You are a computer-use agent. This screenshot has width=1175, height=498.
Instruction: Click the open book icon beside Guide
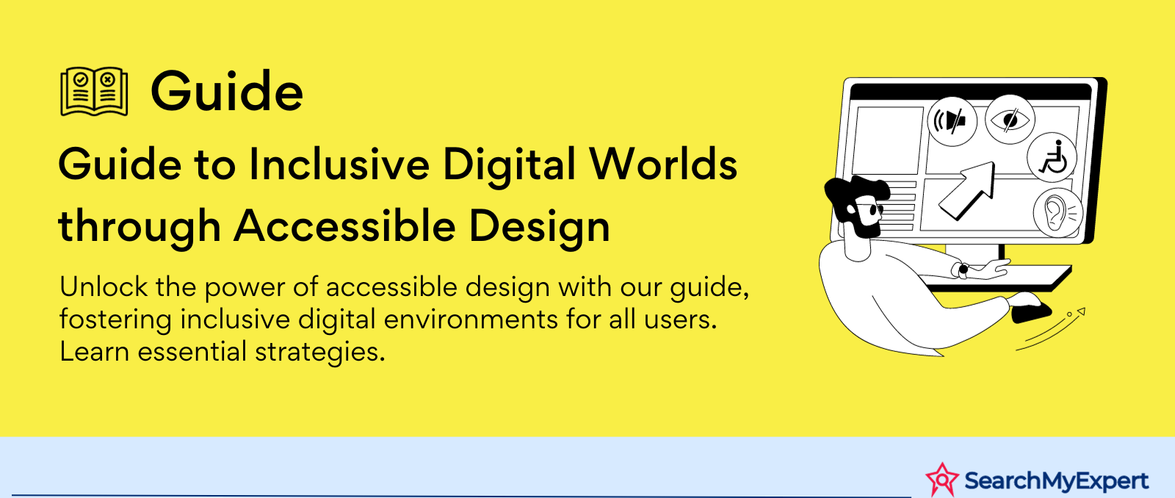click(94, 91)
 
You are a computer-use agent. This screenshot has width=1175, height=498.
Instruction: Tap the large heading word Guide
click(227, 91)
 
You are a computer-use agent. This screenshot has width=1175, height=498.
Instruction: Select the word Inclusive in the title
click(339, 165)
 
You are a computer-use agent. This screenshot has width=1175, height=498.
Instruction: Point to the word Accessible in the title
click(344, 226)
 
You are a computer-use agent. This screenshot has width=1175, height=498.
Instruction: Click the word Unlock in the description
click(104, 286)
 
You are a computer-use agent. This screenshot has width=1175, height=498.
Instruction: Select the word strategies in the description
click(320, 352)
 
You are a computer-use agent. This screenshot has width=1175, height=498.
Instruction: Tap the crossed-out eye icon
click(1010, 120)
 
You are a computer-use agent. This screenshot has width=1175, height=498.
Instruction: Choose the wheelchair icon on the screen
click(1052, 157)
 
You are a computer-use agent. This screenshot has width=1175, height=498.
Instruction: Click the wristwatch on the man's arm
click(963, 270)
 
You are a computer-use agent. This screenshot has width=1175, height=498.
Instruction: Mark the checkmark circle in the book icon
click(80, 80)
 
